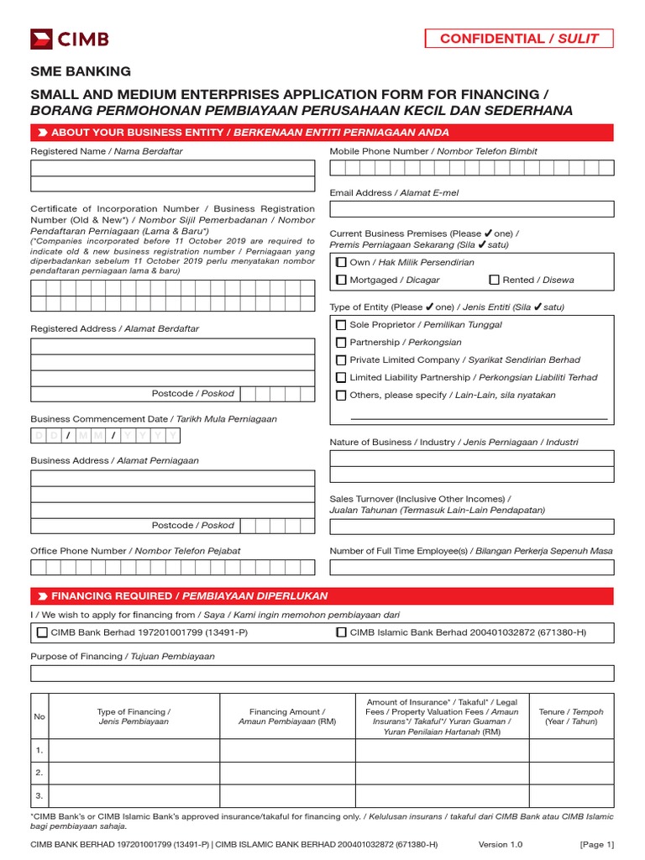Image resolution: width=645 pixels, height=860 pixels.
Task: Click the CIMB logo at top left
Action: coord(70,39)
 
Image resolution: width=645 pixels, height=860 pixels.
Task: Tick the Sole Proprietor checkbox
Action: coord(341,325)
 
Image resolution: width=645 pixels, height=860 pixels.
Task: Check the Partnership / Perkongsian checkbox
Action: coord(341,343)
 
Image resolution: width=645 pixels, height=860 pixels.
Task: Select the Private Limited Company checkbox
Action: coord(341,360)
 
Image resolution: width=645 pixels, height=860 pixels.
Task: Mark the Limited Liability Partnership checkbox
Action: coord(341,378)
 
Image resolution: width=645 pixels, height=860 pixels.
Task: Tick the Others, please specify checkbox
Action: coord(341,396)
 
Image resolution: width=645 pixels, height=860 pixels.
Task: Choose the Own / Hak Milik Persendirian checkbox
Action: coord(341,263)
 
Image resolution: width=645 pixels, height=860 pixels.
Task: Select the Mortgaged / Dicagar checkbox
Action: coord(341,280)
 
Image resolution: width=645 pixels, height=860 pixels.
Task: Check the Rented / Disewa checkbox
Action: coord(494,280)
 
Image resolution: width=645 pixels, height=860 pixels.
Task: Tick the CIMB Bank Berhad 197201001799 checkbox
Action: coord(43,632)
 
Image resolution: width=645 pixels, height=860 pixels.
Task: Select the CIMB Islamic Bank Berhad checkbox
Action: coord(341,632)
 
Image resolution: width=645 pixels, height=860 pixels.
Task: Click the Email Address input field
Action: coord(471,209)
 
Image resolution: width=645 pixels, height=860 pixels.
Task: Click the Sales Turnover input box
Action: coord(471,527)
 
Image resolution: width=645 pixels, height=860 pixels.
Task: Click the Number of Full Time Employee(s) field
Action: coord(471,567)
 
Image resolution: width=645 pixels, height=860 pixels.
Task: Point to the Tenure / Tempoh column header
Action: coord(570,716)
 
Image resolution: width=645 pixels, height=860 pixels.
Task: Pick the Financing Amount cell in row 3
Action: coord(287,794)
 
